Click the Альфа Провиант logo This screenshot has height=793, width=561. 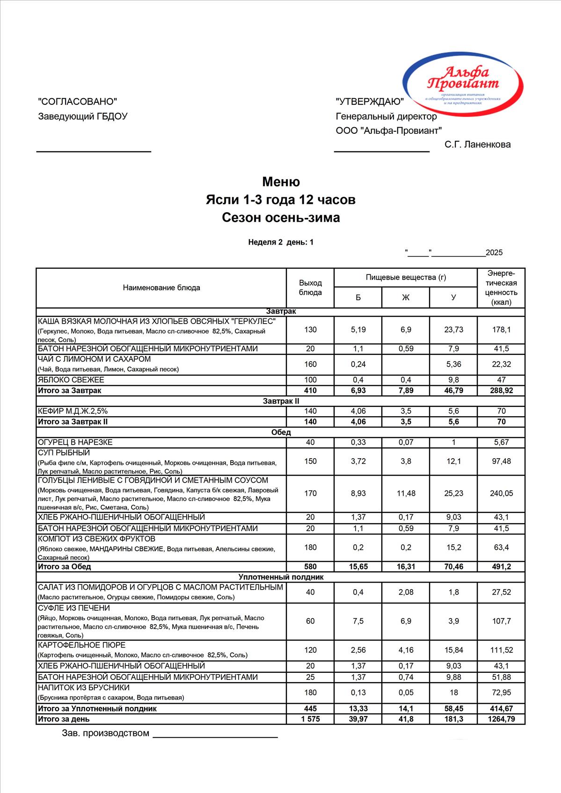click(x=463, y=85)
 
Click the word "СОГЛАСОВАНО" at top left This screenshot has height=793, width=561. click(x=77, y=101)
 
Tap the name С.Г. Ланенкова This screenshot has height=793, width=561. click(x=477, y=144)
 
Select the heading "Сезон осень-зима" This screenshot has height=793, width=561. click(x=281, y=217)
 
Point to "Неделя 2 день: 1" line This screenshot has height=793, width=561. click(x=281, y=242)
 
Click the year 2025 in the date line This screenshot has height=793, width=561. click(x=494, y=253)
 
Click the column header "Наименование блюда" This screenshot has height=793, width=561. click(x=161, y=288)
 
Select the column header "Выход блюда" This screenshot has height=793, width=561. click(x=310, y=288)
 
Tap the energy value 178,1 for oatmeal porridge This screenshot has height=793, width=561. click(x=501, y=330)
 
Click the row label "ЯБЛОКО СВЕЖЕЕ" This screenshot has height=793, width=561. click(x=71, y=380)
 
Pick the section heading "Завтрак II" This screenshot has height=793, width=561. click(x=281, y=401)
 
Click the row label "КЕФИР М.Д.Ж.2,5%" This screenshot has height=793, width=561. click(x=73, y=411)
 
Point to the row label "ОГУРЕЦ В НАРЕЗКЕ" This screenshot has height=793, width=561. click(x=75, y=442)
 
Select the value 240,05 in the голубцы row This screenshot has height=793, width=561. click(x=501, y=493)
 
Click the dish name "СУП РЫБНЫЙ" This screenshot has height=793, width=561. click(x=64, y=453)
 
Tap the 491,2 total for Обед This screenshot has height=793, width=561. click(x=501, y=566)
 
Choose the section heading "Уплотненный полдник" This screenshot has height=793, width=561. click(x=281, y=577)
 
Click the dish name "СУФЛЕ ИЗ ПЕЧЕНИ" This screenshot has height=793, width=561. click(x=74, y=608)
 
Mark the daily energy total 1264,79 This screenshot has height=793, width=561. click(x=501, y=719)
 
